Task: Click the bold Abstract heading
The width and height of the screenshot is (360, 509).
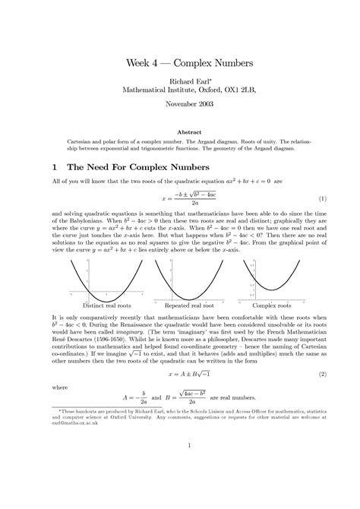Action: pos(180,130)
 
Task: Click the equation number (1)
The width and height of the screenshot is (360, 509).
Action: pos(322,199)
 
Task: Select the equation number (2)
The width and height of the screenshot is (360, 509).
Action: pos(322,375)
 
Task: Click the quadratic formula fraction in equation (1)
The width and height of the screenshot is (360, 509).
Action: pos(179,199)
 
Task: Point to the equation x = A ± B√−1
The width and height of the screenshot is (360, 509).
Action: pos(179,375)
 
